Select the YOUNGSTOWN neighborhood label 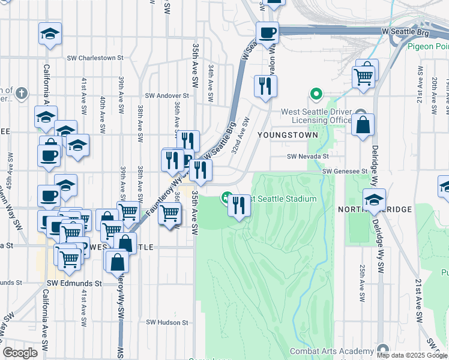coord(288,135)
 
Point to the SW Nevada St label coord(308,157)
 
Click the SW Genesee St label coord(345,172)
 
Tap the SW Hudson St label coord(168,322)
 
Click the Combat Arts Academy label coord(332,351)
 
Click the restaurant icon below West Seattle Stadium coord(240,206)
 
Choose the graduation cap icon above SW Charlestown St coord(50,33)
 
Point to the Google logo coord(20,353)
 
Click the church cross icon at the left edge coord(22,93)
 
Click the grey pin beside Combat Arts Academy coord(383,350)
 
